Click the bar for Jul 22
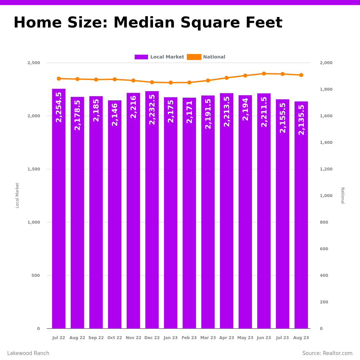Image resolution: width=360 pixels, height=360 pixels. pyautogui.click(x=59, y=208)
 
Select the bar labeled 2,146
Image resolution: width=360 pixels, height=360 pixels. pyautogui.click(x=115, y=214)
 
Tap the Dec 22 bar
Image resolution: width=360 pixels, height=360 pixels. pyautogui.click(x=152, y=210)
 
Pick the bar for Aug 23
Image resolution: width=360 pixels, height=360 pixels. pyautogui.click(x=301, y=215)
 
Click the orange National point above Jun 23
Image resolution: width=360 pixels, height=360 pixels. pyautogui.click(x=264, y=74)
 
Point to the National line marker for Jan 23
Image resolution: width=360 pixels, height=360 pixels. pyautogui.click(x=171, y=83)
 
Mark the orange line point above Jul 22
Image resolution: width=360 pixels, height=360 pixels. pyautogui.click(x=59, y=79)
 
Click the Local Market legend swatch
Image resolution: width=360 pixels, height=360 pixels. pyautogui.click(x=141, y=57)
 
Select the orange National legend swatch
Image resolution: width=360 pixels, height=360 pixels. pyautogui.click(x=194, y=57)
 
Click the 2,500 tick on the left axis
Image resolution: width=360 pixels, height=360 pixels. pyautogui.click(x=34, y=63)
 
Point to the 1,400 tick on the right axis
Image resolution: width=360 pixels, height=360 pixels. pyautogui.click(x=326, y=143)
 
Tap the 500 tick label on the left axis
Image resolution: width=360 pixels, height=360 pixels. pyautogui.click(x=36, y=275)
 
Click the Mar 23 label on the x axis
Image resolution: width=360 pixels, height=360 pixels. pyautogui.click(x=208, y=338)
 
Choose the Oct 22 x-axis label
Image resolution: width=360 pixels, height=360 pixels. pyautogui.click(x=115, y=338)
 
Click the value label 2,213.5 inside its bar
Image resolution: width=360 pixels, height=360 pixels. pyautogui.click(x=227, y=111)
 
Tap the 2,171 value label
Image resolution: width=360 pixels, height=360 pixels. pyautogui.click(x=189, y=112)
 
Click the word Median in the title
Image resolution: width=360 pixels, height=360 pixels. pyautogui.click(x=144, y=23)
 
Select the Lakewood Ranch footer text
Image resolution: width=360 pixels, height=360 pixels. pyautogui.click(x=28, y=353)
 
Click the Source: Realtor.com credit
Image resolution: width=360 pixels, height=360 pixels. pyautogui.click(x=327, y=353)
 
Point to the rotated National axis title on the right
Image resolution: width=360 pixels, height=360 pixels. pyautogui.click(x=342, y=195)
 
